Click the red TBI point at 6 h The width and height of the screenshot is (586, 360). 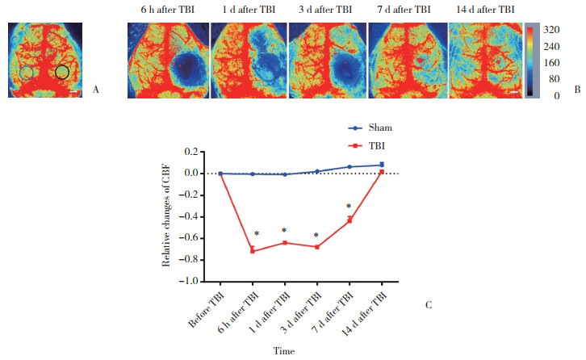pos(253,250)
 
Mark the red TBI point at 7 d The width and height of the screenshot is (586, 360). pos(350,220)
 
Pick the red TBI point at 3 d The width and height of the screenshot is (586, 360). pos(317,247)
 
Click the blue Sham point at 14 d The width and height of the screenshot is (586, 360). pos(382,165)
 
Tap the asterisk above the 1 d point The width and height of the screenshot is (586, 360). pos(285,231)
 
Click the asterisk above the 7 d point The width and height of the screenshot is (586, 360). pos(350,207)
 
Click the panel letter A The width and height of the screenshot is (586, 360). pos(96,90)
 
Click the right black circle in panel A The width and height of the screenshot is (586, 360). pos(62,73)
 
